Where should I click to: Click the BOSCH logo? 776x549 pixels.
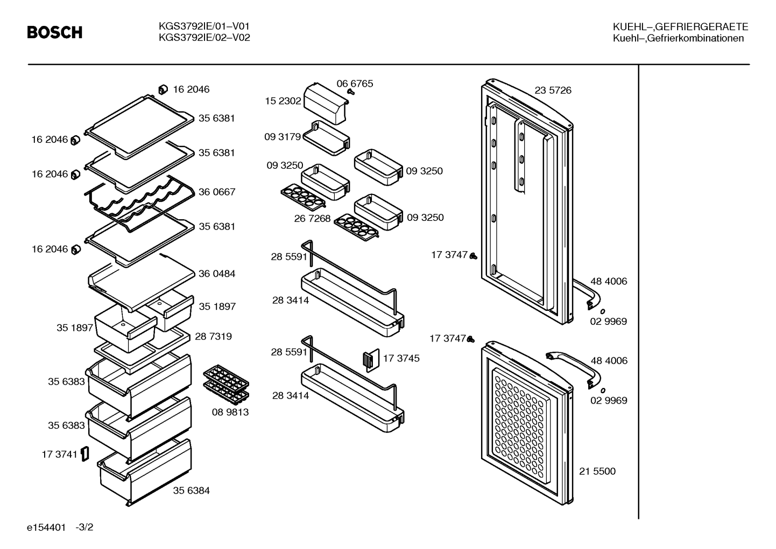pos(55,32)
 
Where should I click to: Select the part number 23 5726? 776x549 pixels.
pos(553,90)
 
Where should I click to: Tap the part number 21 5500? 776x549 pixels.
pos(597,471)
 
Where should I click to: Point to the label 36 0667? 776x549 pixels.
pos(217,192)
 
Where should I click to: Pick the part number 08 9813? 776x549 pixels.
pos(230,412)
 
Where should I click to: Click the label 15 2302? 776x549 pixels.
pos(283,101)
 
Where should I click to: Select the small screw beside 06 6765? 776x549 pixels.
pos(351,92)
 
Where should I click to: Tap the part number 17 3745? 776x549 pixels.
pos(401,358)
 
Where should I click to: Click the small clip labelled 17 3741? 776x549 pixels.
pos(85,454)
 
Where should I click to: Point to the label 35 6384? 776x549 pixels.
pos(192,490)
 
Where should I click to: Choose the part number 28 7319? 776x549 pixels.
pos(214,336)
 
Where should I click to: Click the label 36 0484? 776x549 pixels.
pos(217,274)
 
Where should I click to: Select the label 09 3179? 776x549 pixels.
pos(283,137)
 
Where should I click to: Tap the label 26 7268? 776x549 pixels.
pos(313,219)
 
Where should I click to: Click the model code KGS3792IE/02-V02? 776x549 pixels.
pos(204,38)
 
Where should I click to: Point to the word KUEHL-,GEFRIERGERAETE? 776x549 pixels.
pos(681,27)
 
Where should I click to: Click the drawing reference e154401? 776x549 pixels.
pos(46,527)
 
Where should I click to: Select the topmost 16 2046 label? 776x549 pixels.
pos(191,89)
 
